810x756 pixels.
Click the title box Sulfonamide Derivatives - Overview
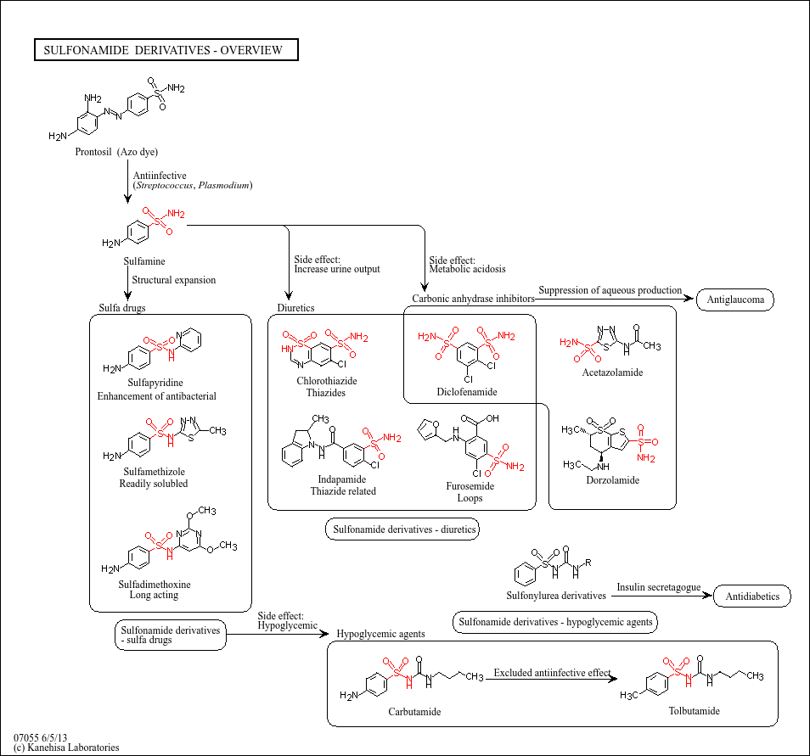tap(166, 51)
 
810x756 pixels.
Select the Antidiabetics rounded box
tap(752, 596)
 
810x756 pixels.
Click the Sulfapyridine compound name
tap(155, 384)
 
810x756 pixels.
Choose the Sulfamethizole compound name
tap(154, 472)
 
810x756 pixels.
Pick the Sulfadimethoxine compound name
tap(155, 585)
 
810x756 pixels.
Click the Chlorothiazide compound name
tap(326, 381)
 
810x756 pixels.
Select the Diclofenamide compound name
tap(467, 392)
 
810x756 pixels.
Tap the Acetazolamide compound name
tap(612, 372)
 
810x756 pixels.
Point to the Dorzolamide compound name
tap(611, 480)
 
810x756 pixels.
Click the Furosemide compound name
tap(470, 486)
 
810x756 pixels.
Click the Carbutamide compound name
tap(414, 711)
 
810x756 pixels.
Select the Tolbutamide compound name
tap(694, 710)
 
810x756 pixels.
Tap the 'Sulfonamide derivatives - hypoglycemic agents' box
tap(556, 622)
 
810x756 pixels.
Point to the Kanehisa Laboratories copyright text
tap(66, 748)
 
